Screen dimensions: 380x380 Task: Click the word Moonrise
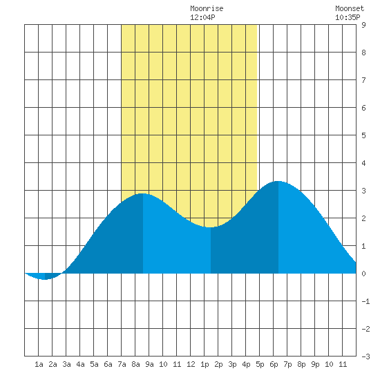coord(207,8)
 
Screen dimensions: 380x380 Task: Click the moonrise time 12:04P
coord(202,17)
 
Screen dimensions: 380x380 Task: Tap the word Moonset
coord(350,8)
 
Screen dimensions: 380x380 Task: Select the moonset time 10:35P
coord(348,17)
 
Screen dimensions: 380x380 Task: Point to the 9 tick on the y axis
coord(363,25)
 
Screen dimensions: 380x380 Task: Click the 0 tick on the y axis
coord(363,274)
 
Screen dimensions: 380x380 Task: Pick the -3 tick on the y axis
coord(365,357)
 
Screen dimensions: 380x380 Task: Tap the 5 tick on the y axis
coord(363,135)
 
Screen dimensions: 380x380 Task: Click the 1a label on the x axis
coord(39,364)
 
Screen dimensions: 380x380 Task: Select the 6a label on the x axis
coord(108,364)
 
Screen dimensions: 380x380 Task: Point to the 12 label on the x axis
coord(191,364)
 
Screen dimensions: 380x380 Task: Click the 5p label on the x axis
coord(260,364)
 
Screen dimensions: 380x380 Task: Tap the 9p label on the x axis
coord(315,364)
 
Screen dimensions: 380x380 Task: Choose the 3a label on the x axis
coord(66,364)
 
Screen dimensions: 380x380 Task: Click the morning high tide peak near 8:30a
coord(143,194)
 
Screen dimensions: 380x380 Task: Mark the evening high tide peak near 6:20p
coord(278,181)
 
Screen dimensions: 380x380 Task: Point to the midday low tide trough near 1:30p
coord(210,227)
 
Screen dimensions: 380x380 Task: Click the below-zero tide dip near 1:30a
coord(45,279)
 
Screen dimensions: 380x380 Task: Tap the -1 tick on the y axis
coord(365,301)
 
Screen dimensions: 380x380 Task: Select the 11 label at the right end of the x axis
coord(343,364)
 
